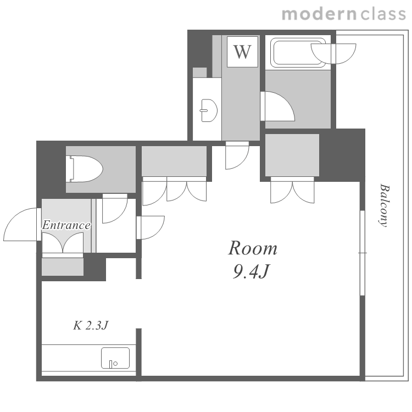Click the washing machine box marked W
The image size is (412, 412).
[242, 52]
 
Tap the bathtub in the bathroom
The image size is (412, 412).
[298, 53]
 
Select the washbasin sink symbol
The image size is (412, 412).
[209, 110]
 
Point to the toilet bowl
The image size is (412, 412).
[86, 169]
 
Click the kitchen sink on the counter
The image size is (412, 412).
[115, 358]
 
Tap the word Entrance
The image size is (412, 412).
[66, 225]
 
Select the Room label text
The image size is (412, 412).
[253, 248]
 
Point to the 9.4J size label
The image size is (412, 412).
[251, 271]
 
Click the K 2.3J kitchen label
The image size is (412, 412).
[91, 326]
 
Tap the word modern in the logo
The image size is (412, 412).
[319, 14]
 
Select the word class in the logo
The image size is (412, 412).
[383, 14]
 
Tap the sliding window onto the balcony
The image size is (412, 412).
[363, 253]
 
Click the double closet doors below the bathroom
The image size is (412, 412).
[292, 190]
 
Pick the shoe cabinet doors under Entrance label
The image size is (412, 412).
[63, 243]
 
